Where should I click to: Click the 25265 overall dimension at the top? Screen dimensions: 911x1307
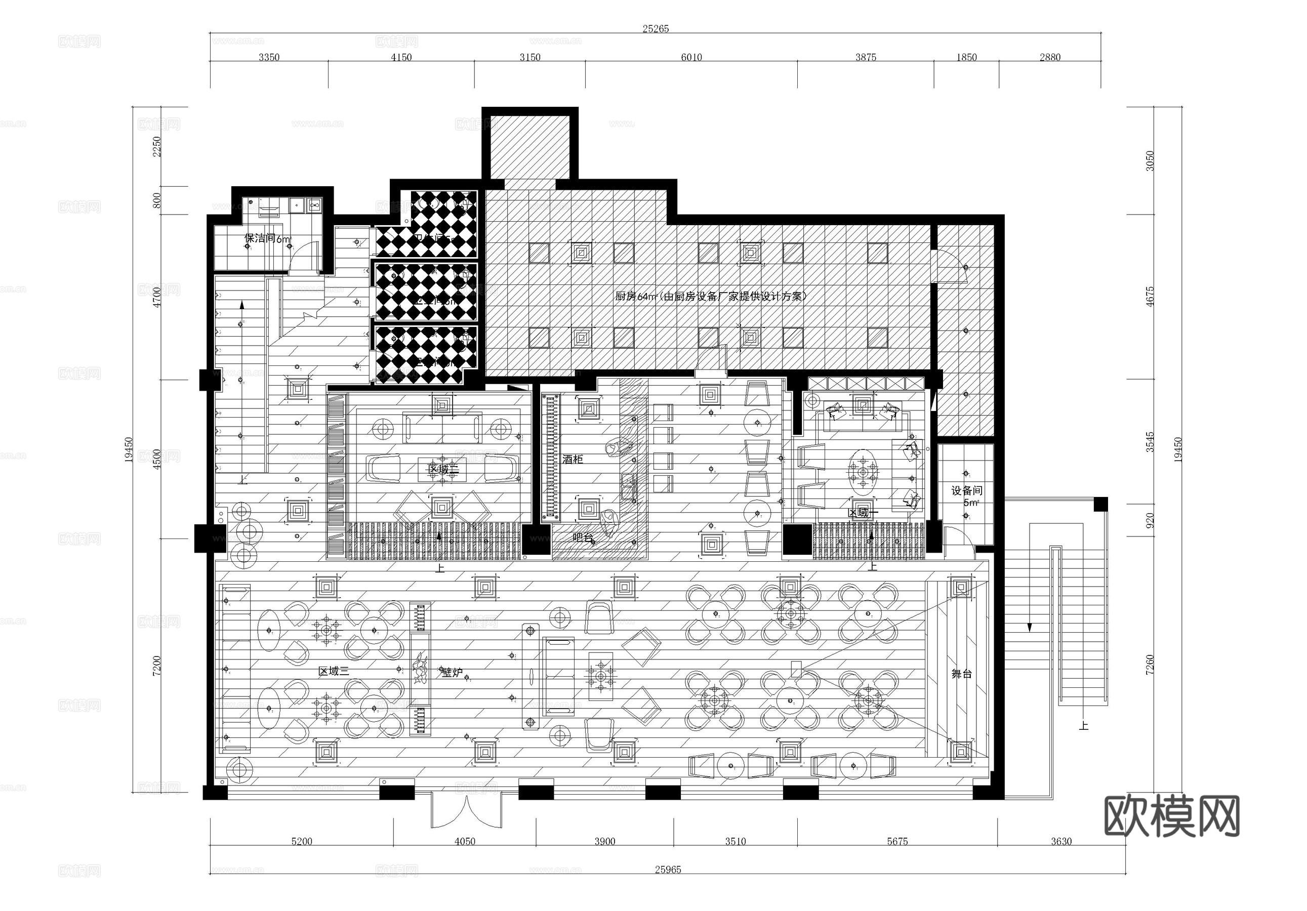(x=655, y=29)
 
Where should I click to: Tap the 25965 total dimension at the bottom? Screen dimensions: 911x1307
(x=668, y=869)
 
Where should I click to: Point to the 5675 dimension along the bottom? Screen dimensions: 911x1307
(x=896, y=842)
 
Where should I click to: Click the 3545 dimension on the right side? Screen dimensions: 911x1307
(x=1151, y=442)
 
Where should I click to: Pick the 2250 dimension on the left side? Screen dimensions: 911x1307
(x=156, y=146)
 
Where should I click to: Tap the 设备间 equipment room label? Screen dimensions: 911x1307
(x=967, y=490)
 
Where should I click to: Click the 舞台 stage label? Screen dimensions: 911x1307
(x=961, y=674)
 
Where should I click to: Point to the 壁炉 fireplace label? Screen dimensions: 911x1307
(x=453, y=673)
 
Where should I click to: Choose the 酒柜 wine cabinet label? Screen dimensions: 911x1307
(x=573, y=459)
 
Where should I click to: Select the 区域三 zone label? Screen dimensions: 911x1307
(x=333, y=672)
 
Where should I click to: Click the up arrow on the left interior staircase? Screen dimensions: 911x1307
(x=242, y=306)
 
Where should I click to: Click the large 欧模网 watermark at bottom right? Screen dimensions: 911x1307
(x=1171, y=816)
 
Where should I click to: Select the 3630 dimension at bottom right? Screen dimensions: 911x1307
(x=1061, y=842)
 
